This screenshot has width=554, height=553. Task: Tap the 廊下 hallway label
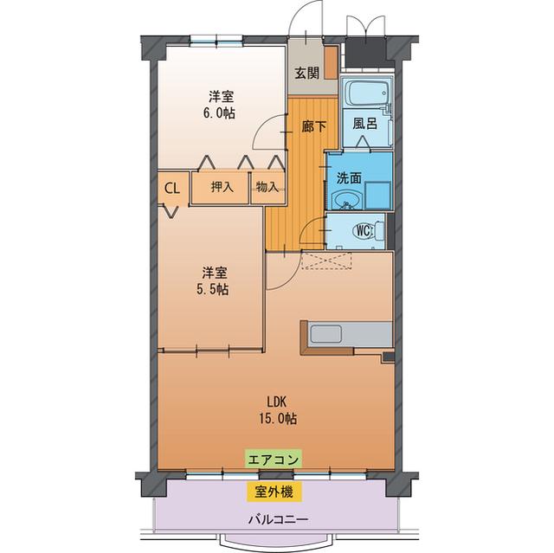click(313, 126)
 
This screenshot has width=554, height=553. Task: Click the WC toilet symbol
click(364, 231)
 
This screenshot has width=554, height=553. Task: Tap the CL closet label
click(172, 187)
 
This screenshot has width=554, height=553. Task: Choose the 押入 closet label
click(222, 187)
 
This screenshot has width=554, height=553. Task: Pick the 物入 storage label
click(267, 187)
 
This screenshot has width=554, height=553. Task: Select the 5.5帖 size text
click(212, 290)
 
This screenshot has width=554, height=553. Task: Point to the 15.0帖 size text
click(278, 418)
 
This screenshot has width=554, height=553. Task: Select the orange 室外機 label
click(274, 492)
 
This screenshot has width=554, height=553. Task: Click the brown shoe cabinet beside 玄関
click(331, 68)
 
